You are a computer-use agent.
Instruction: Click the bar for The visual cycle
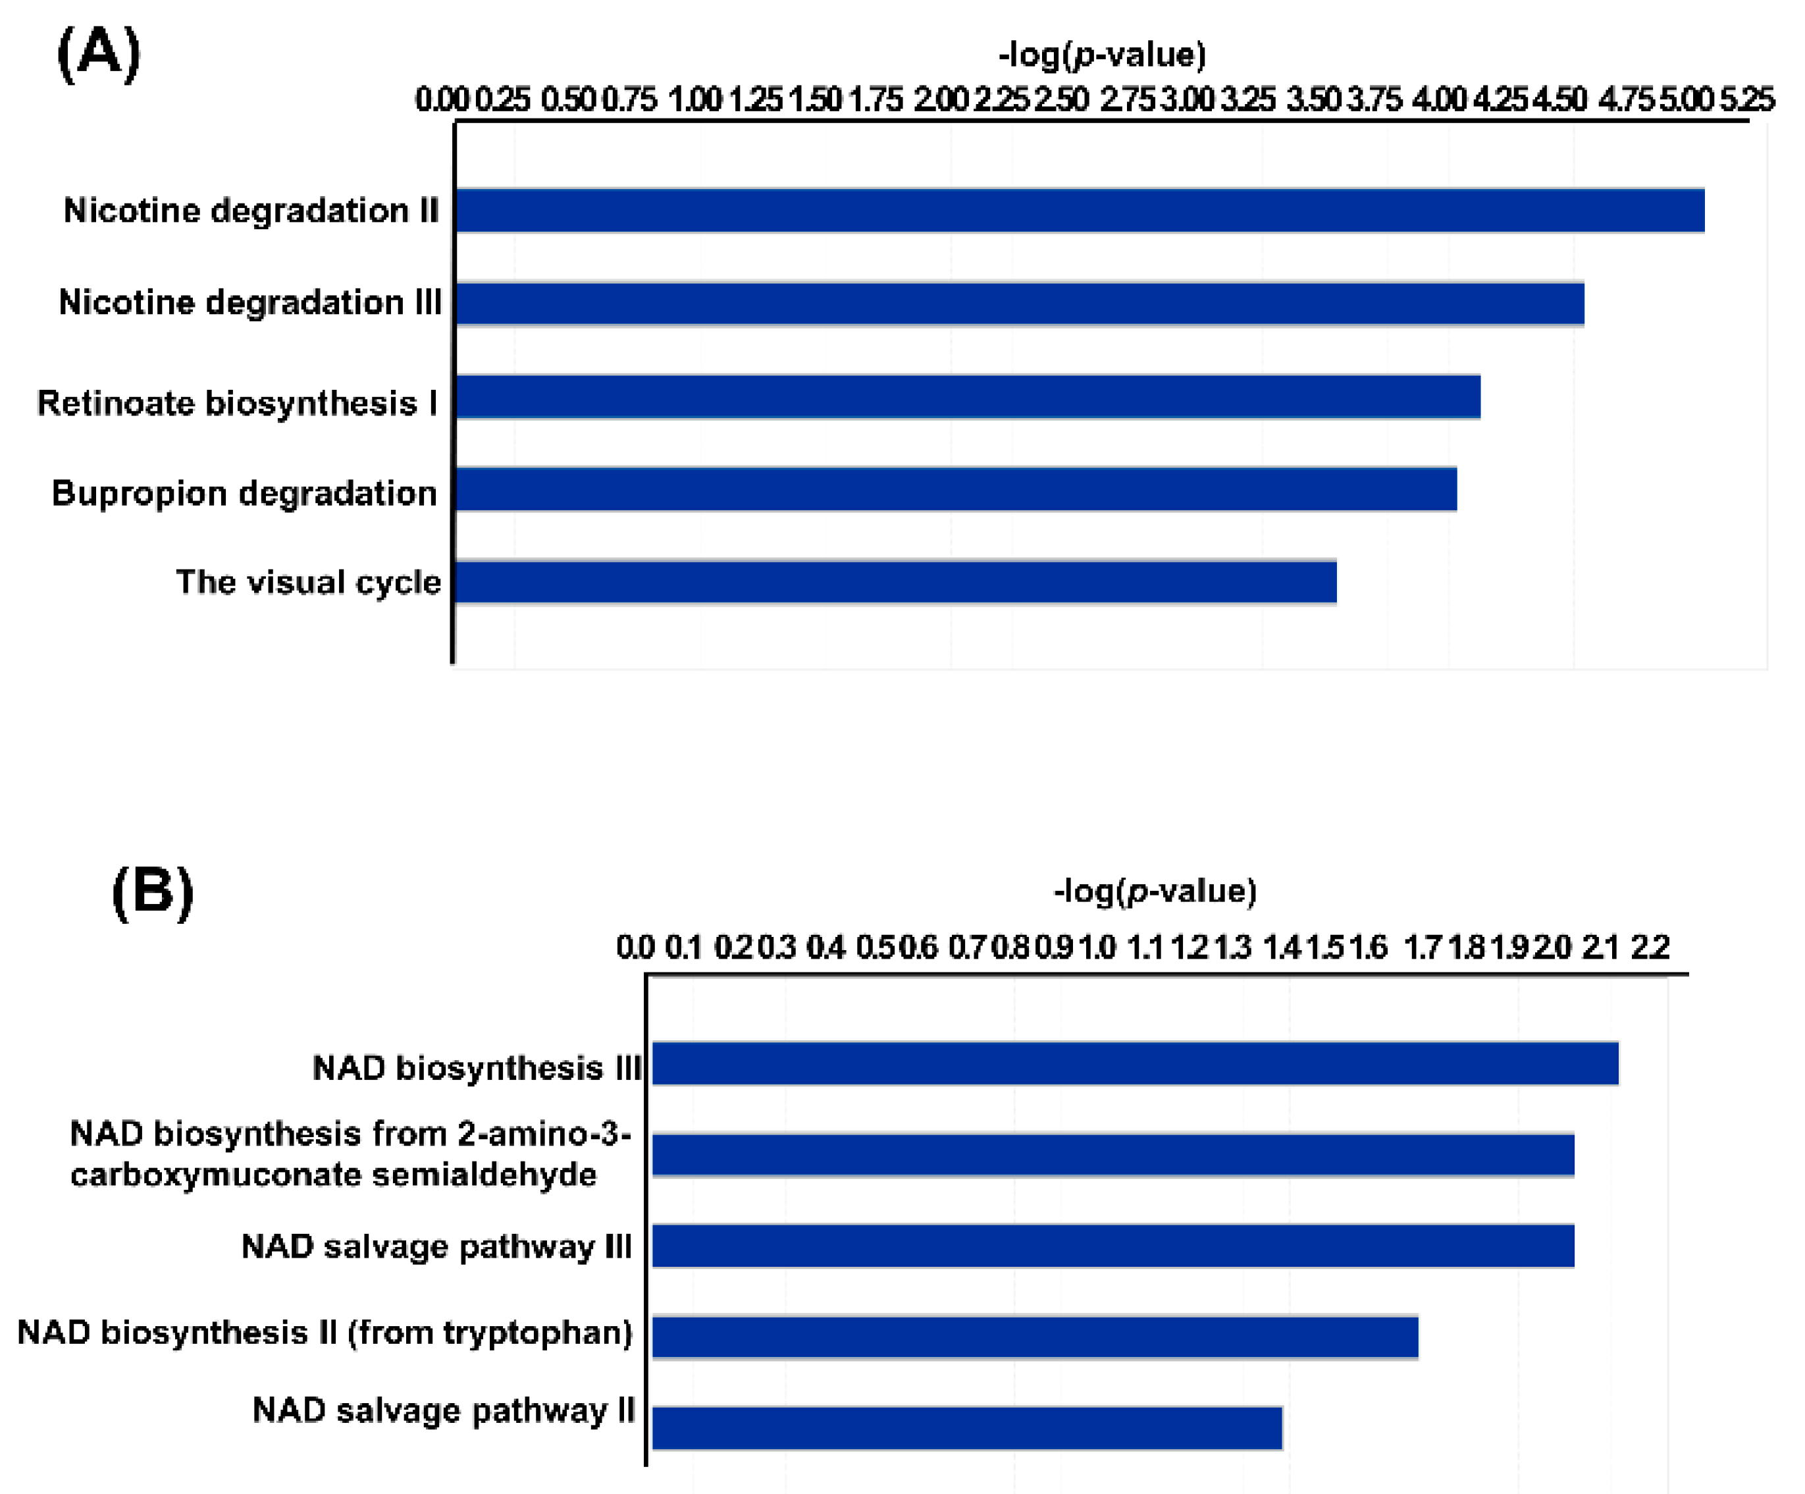tap(895, 582)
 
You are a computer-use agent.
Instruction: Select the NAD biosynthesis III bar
tap(1135, 1063)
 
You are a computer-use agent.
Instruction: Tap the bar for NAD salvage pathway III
tap(1113, 1246)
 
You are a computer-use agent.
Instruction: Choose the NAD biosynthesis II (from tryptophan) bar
tap(1035, 1337)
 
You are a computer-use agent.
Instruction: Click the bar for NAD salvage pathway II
tap(967, 1427)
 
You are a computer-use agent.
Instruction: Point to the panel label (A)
tap(99, 53)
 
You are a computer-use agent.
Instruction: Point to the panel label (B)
tap(153, 892)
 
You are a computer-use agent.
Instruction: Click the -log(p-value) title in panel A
tap(1102, 55)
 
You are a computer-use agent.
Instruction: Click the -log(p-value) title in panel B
tap(1155, 891)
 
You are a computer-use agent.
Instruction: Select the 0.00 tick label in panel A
tap(442, 99)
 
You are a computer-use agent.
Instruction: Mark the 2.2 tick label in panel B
tap(1650, 947)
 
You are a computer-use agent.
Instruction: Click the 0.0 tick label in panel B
tap(635, 947)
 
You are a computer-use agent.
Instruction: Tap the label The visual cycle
tap(307, 583)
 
